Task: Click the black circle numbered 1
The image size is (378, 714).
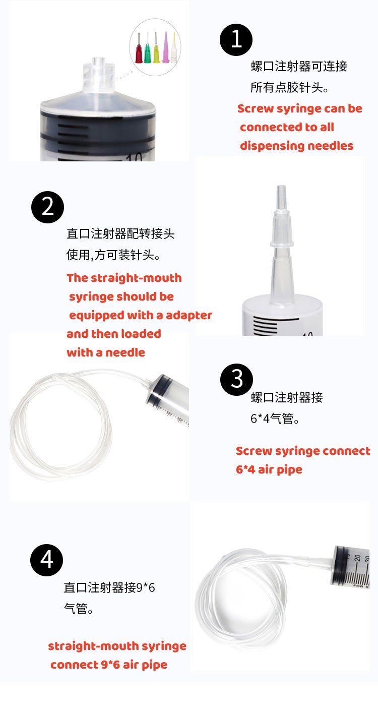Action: (236, 39)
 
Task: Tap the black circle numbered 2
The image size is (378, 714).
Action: (48, 207)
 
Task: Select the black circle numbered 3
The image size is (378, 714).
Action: (237, 379)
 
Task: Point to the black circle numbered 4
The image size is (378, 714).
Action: (47, 560)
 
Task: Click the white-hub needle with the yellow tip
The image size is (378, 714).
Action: (174, 49)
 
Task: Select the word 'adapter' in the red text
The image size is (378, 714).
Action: (189, 315)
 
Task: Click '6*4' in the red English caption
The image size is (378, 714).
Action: (245, 469)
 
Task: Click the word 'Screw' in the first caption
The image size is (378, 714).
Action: (255, 108)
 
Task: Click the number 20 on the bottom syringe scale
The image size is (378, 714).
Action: (357, 558)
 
